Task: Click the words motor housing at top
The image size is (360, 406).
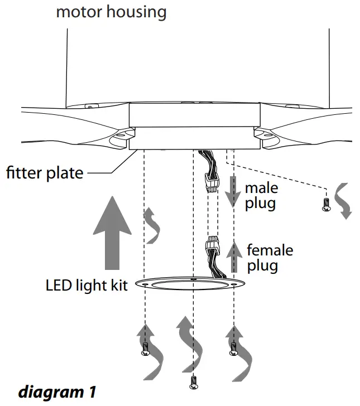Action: [x=111, y=11]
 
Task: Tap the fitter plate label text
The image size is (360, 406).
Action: [x=45, y=172]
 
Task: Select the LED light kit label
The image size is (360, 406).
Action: [x=87, y=286]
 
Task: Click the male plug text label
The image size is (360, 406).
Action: [x=261, y=195]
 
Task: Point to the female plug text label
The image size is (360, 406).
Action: [x=269, y=257]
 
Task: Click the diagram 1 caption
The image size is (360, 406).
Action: [x=57, y=392]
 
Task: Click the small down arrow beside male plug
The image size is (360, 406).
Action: [x=235, y=192]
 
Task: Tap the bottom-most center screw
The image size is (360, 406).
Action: [x=193, y=383]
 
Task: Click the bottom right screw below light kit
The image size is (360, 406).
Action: [x=233, y=351]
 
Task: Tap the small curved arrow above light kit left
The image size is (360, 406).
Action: [x=151, y=225]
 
